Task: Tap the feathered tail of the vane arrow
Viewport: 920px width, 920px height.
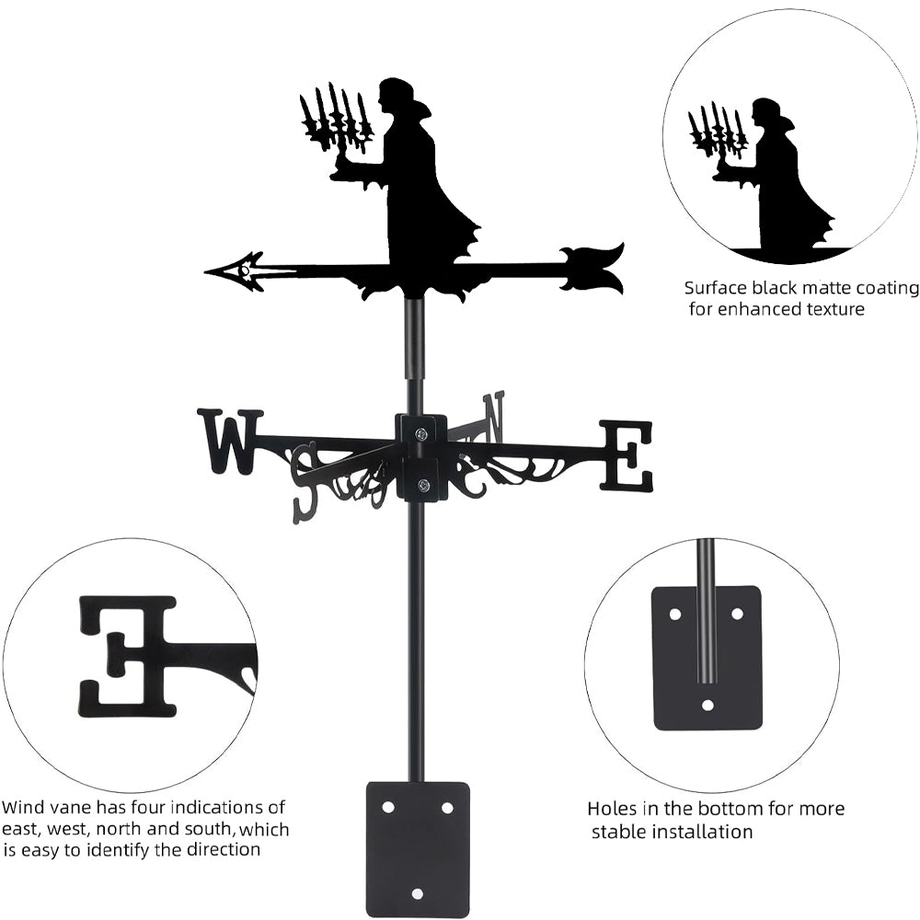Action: click(x=593, y=268)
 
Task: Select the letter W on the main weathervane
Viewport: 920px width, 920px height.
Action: click(x=229, y=441)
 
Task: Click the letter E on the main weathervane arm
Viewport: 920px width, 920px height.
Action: click(x=627, y=455)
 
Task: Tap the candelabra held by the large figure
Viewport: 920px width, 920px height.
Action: click(x=335, y=125)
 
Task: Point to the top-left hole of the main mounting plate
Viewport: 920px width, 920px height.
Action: click(x=388, y=807)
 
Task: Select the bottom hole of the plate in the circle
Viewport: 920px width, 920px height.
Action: click(x=707, y=706)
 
